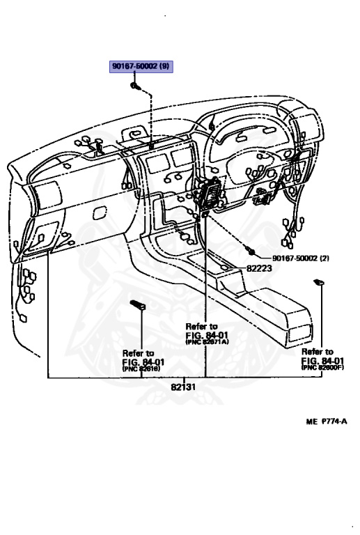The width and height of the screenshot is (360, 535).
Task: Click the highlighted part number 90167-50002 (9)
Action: [x=141, y=67]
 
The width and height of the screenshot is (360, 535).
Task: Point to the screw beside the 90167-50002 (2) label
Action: [x=252, y=250]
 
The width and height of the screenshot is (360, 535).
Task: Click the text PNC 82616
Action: [x=143, y=369]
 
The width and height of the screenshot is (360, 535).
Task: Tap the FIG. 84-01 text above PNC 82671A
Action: [x=205, y=334]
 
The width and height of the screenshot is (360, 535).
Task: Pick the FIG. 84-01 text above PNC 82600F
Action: [x=322, y=360]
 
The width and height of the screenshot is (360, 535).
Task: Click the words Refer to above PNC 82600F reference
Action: [x=317, y=352]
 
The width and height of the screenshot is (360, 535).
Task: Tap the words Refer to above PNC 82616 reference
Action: [x=139, y=353]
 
